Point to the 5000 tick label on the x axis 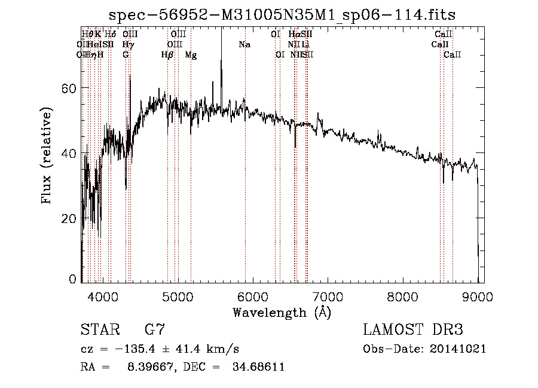pos(178,296)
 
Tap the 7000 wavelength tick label pos(328,296)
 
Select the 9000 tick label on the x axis pos(478,296)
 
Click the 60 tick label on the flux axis pos(69,88)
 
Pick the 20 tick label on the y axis pos(69,219)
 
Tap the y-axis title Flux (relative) pos(46,155)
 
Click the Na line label pos(244,44)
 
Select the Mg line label pos(191,55)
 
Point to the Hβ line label pos(167,55)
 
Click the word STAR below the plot pos(99,329)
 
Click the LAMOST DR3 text pos(413,329)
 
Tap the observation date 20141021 pos(457,349)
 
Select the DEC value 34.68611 pos(258,367)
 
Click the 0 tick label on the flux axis pos(73,279)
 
